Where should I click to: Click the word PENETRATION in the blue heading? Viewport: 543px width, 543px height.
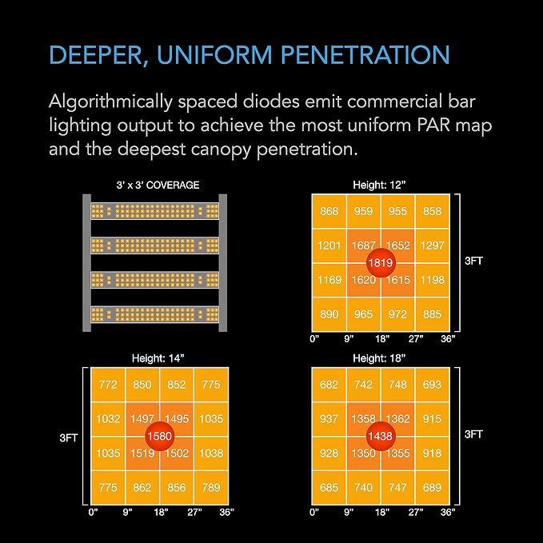(365, 54)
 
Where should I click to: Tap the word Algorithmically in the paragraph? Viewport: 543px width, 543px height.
(110, 102)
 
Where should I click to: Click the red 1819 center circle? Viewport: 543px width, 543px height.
(381, 263)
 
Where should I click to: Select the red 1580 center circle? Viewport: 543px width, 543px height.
(160, 436)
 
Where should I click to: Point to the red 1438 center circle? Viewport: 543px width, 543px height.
(381, 436)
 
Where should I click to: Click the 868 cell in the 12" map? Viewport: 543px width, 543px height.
(329, 211)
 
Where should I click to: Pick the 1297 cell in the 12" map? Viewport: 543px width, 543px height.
(432, 246)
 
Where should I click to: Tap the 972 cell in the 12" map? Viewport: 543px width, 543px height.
(397, 314)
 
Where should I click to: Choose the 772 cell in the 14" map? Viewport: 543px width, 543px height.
(108, 385)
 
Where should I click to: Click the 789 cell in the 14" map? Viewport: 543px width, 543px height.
(211, 488)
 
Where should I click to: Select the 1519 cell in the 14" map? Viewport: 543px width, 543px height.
(142, 453)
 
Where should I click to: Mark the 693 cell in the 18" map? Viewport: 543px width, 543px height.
(432, 385)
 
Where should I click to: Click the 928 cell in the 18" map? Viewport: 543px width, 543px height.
(329, 453)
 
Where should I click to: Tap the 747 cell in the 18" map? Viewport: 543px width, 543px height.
(397, 488)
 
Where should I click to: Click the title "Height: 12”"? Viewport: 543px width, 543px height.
(379, 185)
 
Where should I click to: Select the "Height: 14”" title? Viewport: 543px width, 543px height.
(158, 358)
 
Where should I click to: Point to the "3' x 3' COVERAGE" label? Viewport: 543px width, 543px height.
(158, 185)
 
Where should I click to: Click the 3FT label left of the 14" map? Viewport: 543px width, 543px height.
(69, 438)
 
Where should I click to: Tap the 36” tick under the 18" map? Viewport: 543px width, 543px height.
(448, 512)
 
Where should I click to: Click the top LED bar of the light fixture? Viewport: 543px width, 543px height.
(155, 211)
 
